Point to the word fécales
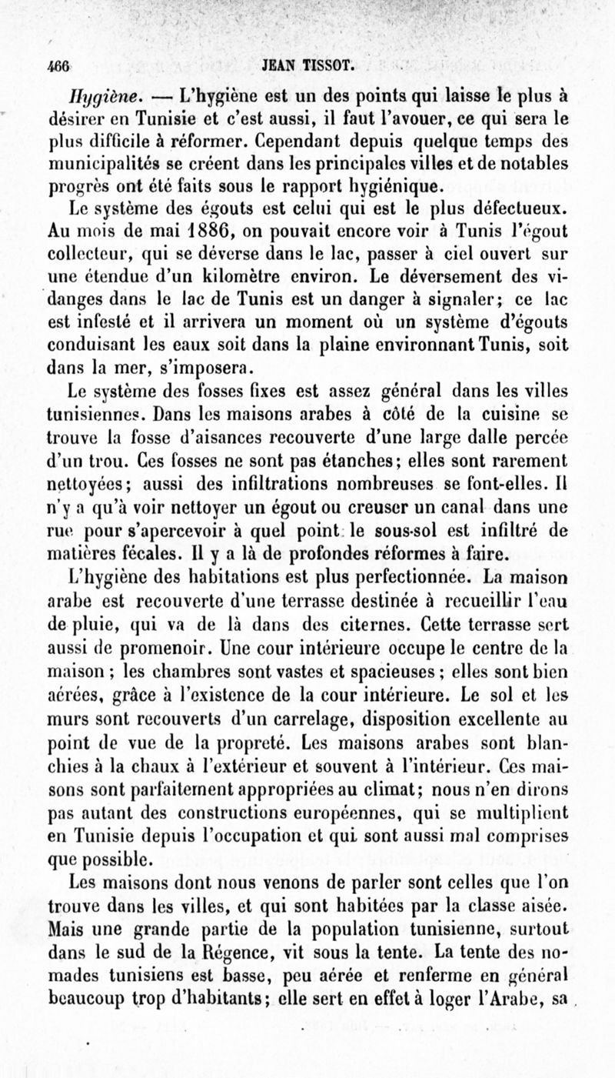[x=145, y=552]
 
